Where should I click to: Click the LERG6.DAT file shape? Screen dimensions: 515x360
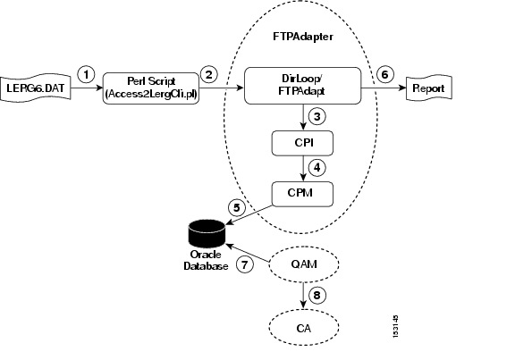click(x=36, y=88)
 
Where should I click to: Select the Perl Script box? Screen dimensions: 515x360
click(x=151, y=88)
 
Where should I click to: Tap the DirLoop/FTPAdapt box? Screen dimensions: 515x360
click(x=302, y=86)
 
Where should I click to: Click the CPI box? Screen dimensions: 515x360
click(x=302, y=143)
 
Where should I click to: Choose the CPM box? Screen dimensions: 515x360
click(x=302, y=194)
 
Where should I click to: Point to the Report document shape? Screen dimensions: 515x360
click(x=429, y=88)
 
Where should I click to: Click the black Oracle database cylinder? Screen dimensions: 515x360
click(x=207, y=232)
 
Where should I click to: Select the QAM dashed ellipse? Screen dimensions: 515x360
click(x=304, y=264)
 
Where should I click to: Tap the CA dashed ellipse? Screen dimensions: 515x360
click(x=304, y=328)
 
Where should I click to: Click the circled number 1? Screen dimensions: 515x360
click(x=86, y=74)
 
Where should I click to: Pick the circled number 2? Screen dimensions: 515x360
click(x=209, y=74)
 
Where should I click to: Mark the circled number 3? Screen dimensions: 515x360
click(x=317, y=117)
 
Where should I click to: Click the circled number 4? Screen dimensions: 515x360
click(x=317, y=168)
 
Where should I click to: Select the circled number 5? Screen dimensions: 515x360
click(x=237, y=207)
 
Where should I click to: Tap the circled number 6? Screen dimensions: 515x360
click(x=385, y=74)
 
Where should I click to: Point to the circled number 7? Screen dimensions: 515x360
click(x=245, y=264)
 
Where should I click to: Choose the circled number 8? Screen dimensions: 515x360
click(x=317, y=295)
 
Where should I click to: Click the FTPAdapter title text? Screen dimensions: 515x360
click(x=303, y=37)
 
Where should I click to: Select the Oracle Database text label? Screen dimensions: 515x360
click(x=206, y=260)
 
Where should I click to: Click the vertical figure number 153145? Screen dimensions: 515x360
click(x=396, y=327)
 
